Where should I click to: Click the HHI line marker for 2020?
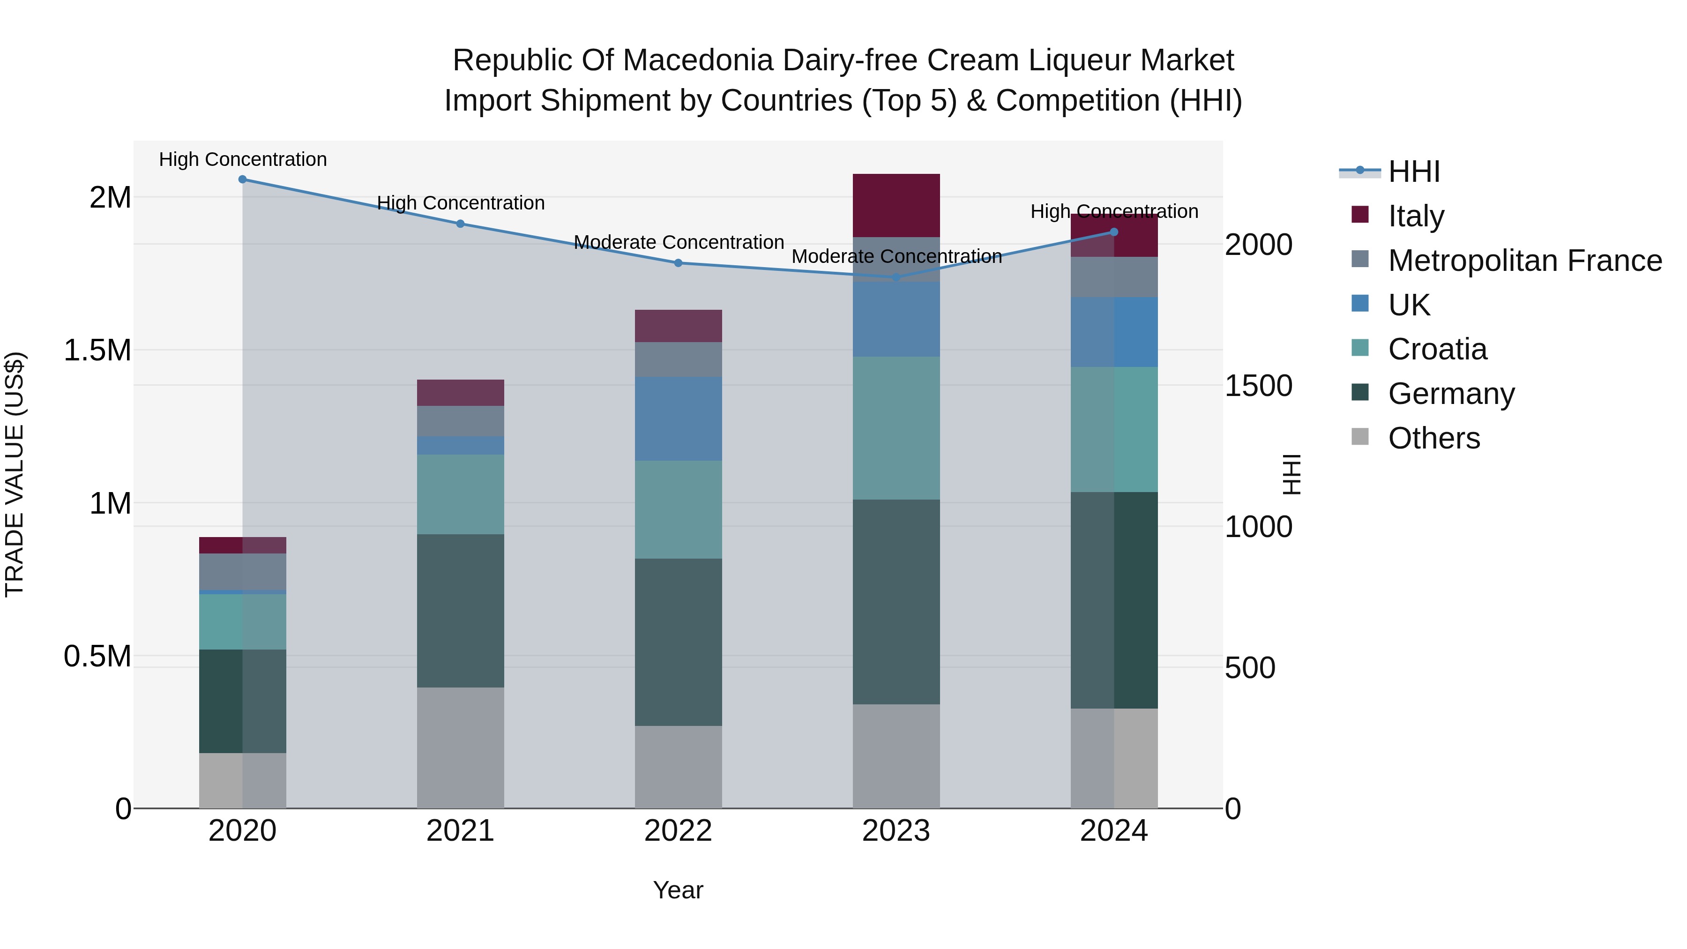[242, 179]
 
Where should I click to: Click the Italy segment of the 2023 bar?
[896, 205]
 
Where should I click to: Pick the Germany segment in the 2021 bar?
[460, 610]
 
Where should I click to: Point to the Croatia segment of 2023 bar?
[896, 428]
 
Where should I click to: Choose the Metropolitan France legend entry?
[1524, 261]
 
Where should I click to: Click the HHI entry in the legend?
[1413, 172]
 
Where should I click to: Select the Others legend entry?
[1433, 438]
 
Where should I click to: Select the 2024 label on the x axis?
[1113, 831]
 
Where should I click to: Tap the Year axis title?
[678, 890]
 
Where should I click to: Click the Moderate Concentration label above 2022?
[679, 242]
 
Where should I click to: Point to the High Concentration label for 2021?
[460, 203]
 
